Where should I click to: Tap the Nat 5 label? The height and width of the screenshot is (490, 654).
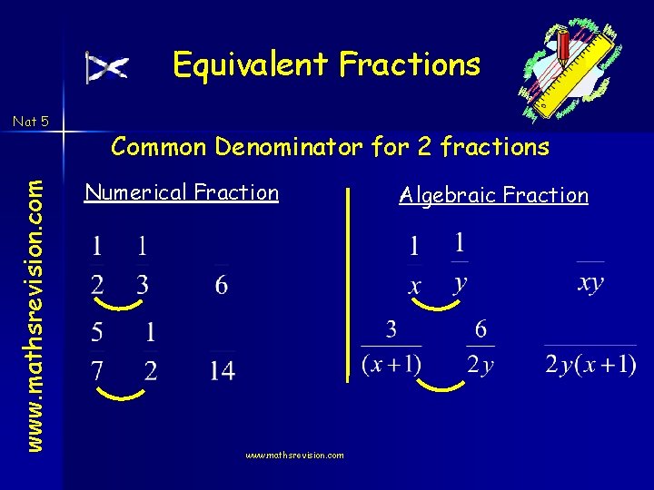point(31,120)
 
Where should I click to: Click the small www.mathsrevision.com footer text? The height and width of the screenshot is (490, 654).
point(294,455)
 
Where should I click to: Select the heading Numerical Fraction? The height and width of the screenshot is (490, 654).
point(181,192)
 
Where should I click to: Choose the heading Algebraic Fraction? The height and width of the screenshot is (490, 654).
point(493,195)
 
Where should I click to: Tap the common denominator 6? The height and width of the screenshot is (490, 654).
point(222,285)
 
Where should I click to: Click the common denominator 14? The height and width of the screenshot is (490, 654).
point(222,370)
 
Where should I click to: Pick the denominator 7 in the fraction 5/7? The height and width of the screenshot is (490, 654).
point(97,370)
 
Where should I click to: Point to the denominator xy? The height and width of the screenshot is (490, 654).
point(590,282)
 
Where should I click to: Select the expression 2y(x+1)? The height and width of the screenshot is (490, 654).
point(590,365)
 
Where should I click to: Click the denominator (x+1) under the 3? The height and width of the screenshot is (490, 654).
point(391,365)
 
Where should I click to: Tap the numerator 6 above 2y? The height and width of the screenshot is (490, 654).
point(480,329)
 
